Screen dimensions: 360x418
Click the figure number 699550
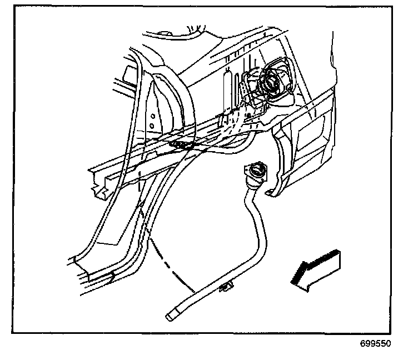pos(376,344)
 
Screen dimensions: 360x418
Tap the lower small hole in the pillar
pos(152,127)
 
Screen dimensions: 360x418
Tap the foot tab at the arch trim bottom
pos(271,193)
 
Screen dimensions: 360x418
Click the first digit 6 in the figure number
pos(363,344)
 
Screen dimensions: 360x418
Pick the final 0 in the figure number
pos(389,344)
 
